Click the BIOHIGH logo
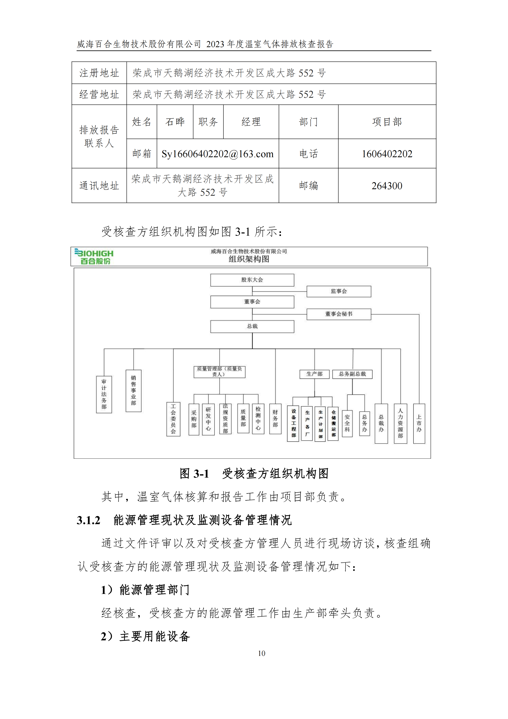[x=94, y=256]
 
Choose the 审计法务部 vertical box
[x=104, y=394]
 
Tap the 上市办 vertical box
[x=419, y=423]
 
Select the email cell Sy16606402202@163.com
[x=218, y=154]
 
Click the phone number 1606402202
[x=387, y=154]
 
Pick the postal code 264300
[x=387, y=186]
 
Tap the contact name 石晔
[x=175, y=122]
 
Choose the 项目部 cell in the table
[x=387, y=122]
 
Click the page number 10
[x=261, y=654]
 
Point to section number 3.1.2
[x=88, y=520]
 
